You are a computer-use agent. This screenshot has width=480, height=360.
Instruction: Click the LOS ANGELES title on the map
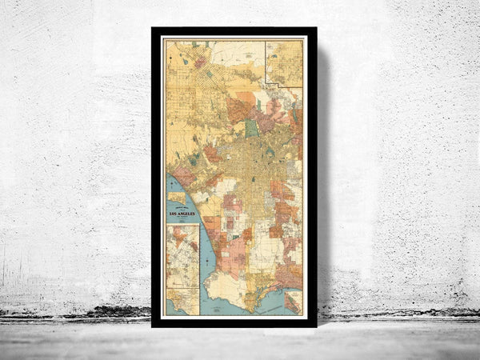click(x=182, y=214)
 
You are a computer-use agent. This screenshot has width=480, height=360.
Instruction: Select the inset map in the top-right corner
click(x=284, y=63)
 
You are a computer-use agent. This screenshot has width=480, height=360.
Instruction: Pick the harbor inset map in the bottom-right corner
click(x=293, y=301)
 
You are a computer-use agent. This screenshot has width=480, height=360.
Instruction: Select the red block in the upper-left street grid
click(x=199, y=62)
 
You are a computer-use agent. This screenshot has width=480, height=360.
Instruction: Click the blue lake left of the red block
click(x=186, y=61)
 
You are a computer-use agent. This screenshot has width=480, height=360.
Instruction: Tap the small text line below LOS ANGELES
click(x=182, y=218)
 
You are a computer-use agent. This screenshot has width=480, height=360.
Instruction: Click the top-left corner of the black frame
click(x=153, y=29)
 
